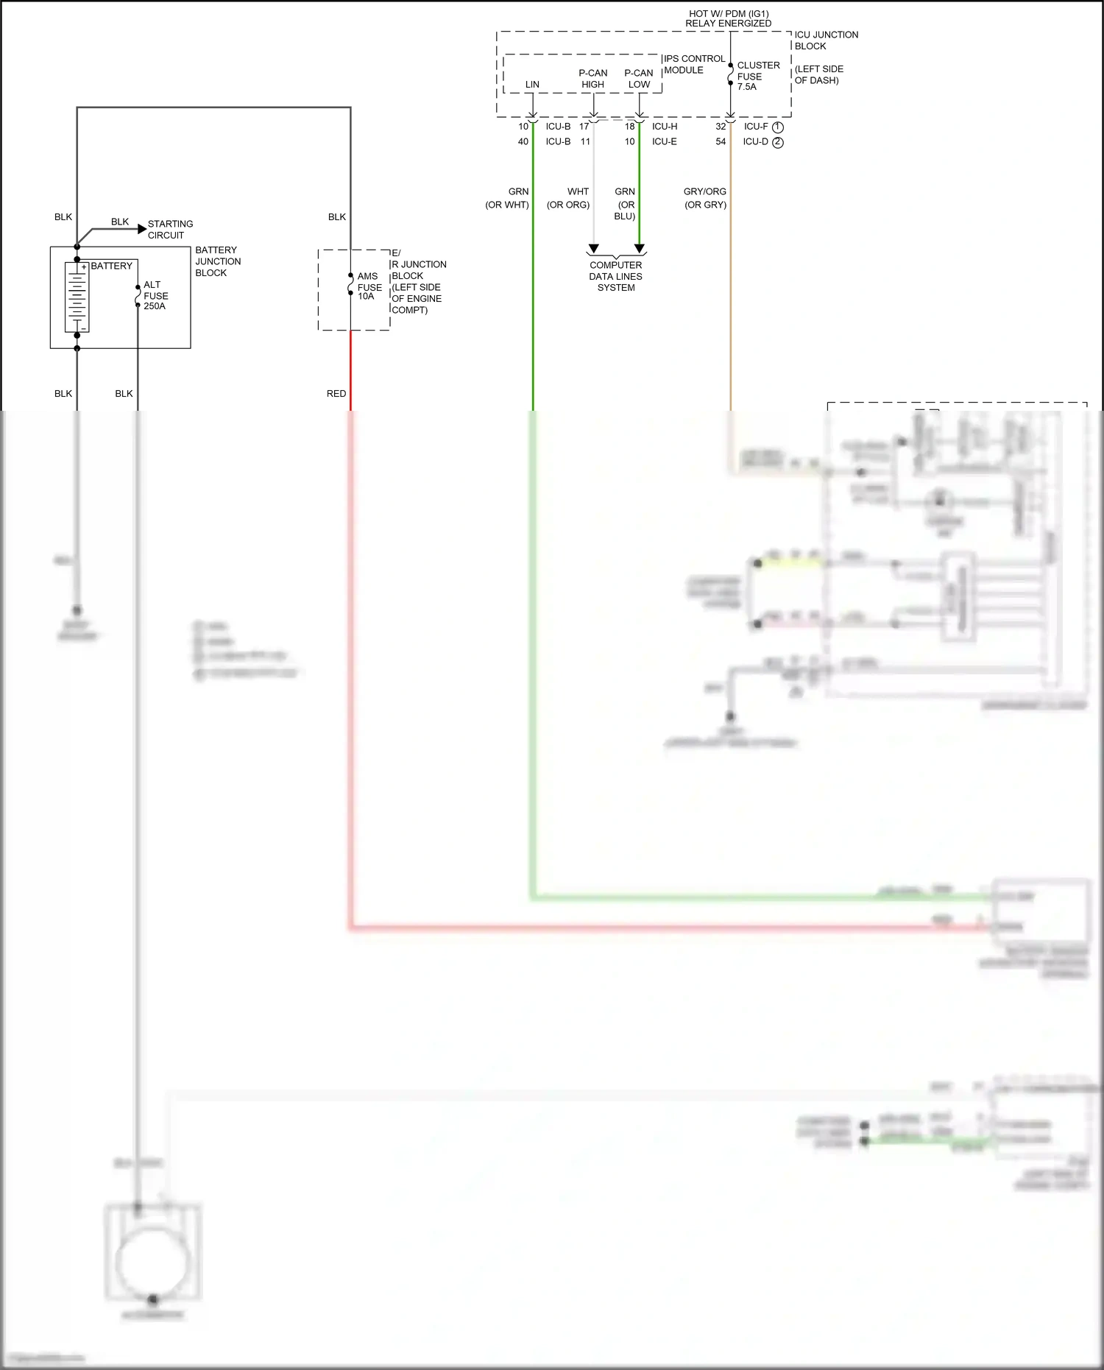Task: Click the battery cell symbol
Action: click(x=77, y=297)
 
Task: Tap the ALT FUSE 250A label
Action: click(x=155, y=295)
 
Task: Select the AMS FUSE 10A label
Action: click(x=369, y=286)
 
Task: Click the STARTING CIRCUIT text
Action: click(x=170, y=229)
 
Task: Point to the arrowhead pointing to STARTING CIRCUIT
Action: click(x=142, y=229)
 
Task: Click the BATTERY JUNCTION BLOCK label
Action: click(x=217, y=261)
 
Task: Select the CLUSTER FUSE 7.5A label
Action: click(x=757, y=76)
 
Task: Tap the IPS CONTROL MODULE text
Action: click(x=693, y=64)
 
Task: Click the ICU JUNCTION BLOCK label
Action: click(x=825, y=40)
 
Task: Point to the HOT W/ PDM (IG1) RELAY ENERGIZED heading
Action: click(x=728, y=18)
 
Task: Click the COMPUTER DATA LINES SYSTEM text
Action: click(x=615, y=276)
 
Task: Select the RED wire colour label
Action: click(x=336, y=394)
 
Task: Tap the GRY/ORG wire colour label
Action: click(x=704, y=191)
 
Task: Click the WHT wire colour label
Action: click(x=578, y=191)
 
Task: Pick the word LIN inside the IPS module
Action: click(x=532, y=85)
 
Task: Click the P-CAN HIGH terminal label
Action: click(x=592, y=78)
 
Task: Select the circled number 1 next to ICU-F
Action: click(x=778, y=127)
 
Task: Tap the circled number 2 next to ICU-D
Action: click(x=778, y=143)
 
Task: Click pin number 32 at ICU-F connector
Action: click(x=721, y=127)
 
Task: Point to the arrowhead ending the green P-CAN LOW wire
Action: click(x=640, y=249)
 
